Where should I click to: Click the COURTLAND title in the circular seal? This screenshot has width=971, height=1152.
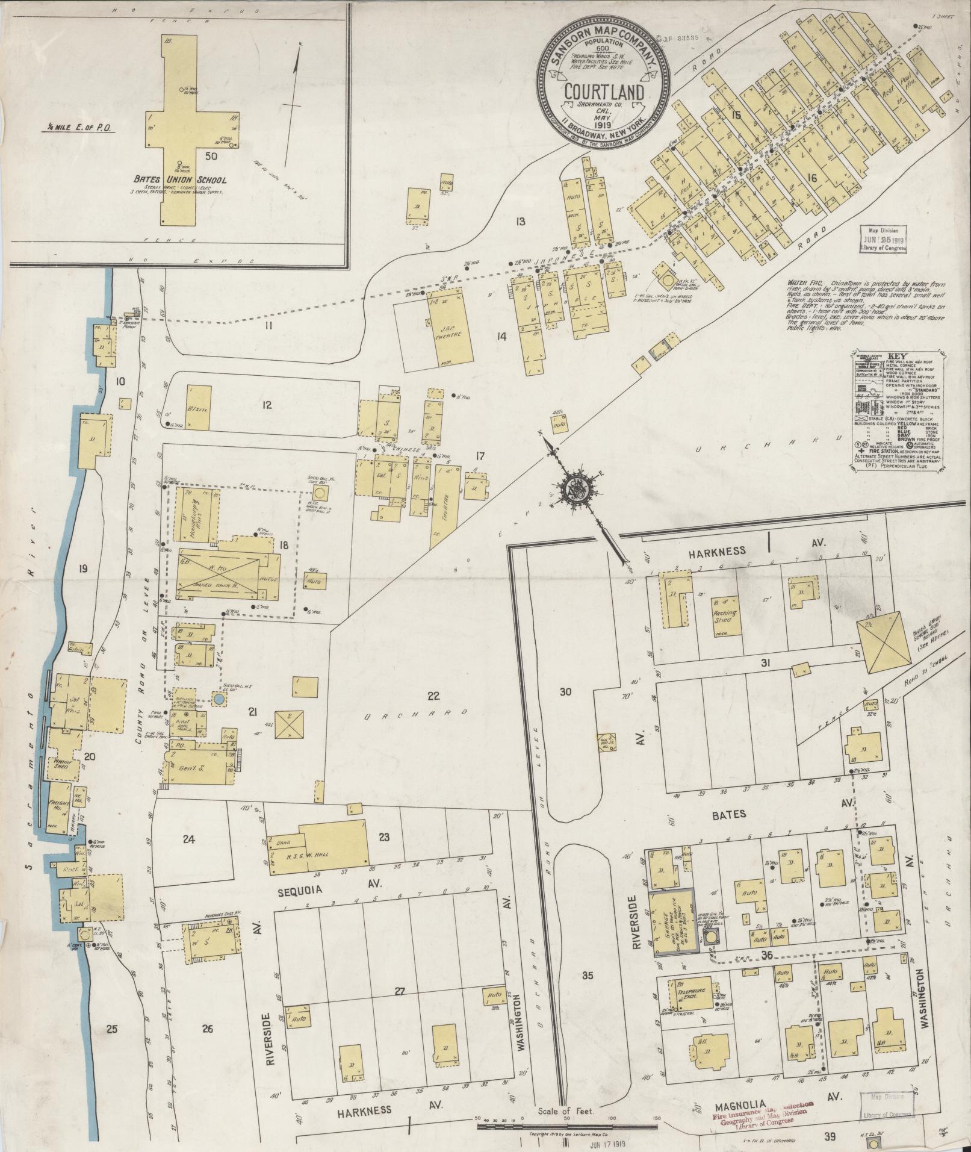[604, 92]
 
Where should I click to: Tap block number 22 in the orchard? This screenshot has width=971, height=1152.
[433, 696]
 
